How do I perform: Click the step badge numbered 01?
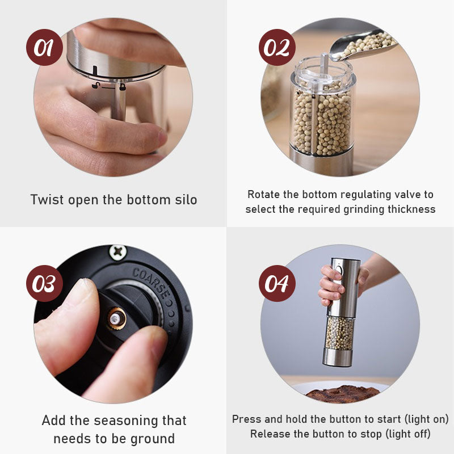[44, 47]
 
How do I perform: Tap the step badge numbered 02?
[277, 47]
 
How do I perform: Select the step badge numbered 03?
[44, 283]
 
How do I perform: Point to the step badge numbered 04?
[277, 283]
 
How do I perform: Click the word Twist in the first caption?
[47, 200]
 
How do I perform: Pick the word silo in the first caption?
[186, 200]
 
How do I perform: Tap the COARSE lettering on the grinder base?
[150, 282]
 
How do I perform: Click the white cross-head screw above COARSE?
[118, 252]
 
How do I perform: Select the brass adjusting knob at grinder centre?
[117, 319]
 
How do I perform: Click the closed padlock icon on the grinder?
[123, 87]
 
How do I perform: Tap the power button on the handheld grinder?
[339, 271]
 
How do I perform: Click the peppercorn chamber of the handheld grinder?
[340, 333]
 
